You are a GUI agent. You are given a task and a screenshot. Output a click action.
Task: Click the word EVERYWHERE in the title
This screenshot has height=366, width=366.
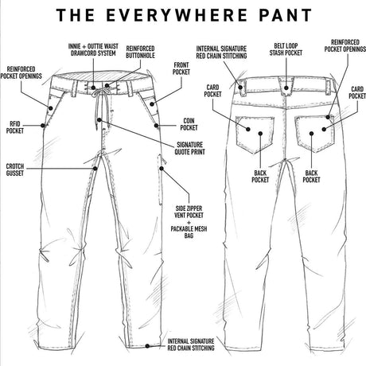185,15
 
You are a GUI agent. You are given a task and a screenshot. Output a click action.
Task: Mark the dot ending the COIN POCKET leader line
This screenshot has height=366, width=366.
161,126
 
